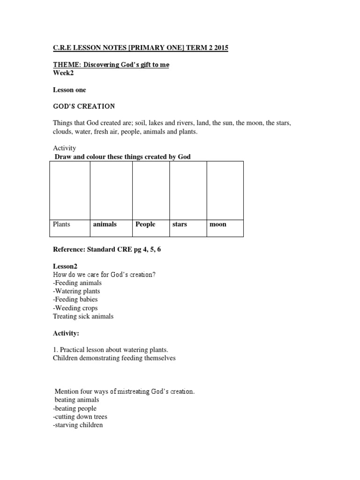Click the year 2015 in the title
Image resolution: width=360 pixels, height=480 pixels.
coord(220,49)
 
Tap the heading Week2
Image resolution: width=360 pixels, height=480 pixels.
coord(63,73)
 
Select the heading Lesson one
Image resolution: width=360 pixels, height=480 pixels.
coord(70,90)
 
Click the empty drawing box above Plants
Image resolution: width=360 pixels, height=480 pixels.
coord(69,190)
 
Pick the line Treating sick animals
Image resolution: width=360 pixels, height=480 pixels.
coord(83,316)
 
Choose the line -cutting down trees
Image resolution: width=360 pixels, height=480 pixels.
coord(80,417)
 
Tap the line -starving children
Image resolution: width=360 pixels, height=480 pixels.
coord(78,425)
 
